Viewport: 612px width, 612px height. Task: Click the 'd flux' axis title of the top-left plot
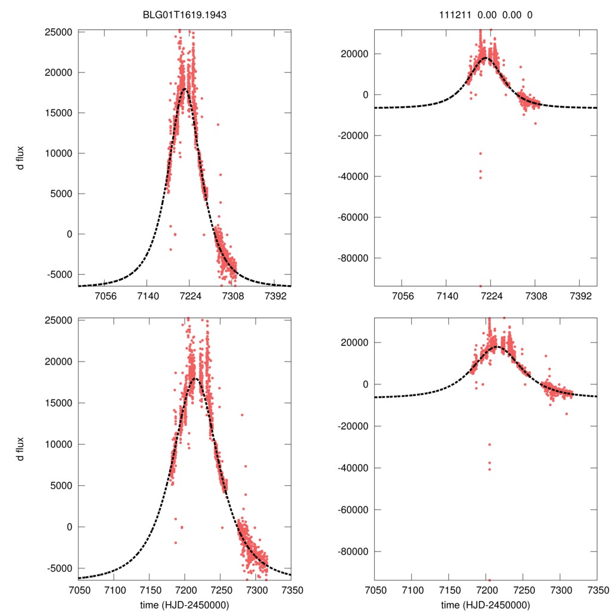click(x=21, y=158)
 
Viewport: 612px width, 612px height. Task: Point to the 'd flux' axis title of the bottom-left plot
click(x=21, y=448)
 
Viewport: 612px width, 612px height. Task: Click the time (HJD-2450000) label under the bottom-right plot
click(x=485, y=604)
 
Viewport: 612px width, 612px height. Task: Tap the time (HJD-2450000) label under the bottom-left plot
click(x=185, y=604)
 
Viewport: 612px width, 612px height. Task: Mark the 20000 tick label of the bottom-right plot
click(x=354, y=342)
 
